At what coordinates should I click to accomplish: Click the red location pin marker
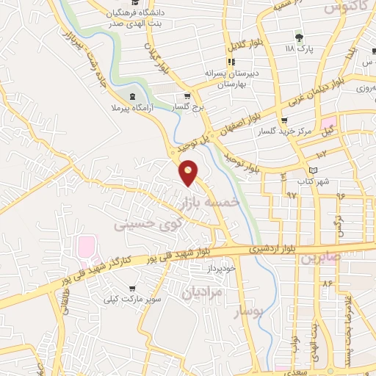(189, 172)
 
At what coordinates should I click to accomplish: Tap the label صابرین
(320, 258)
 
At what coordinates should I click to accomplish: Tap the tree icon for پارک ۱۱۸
(298, 37)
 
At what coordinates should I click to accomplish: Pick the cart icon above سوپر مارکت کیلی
(131, 289)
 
